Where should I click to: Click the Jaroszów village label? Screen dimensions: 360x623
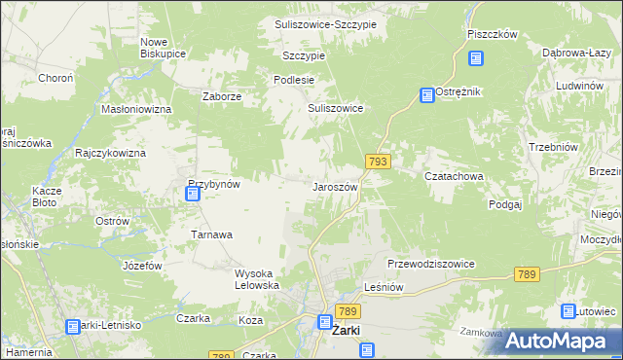tap(336, 187)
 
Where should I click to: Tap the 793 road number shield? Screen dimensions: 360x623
tap(379, 161)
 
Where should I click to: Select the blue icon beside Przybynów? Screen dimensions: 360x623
tap(193, 194)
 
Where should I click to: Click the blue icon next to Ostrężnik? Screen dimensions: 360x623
tap(426, 95)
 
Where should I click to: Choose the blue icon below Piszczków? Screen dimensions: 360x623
tap(475, 58)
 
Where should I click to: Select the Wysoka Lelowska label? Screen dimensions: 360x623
tap(258, 279)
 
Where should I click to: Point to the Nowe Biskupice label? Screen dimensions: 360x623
tap(164, 48)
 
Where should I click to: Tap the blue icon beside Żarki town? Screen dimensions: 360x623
tap(326, 321)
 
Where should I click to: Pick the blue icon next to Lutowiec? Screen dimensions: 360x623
tap(568, 311)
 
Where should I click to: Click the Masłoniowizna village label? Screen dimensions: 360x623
tap(136, 109)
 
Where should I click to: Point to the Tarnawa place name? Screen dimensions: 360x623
tap(211, 235)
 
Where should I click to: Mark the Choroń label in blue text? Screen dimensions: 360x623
tap(54, 78)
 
